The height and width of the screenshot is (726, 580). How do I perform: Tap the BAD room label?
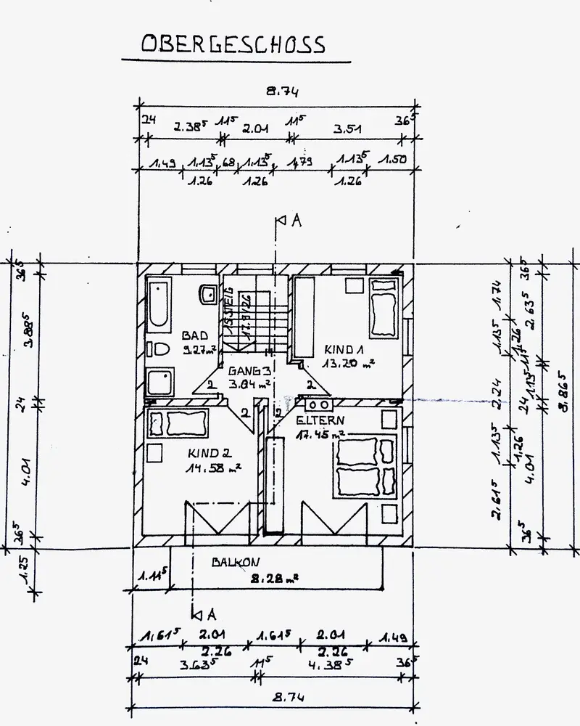coord(194,335)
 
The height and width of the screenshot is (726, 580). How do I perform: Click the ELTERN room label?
coord(320,420)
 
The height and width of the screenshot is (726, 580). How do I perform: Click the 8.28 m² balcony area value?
coord(274,579)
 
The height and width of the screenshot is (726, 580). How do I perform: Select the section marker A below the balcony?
coord(210,613)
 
